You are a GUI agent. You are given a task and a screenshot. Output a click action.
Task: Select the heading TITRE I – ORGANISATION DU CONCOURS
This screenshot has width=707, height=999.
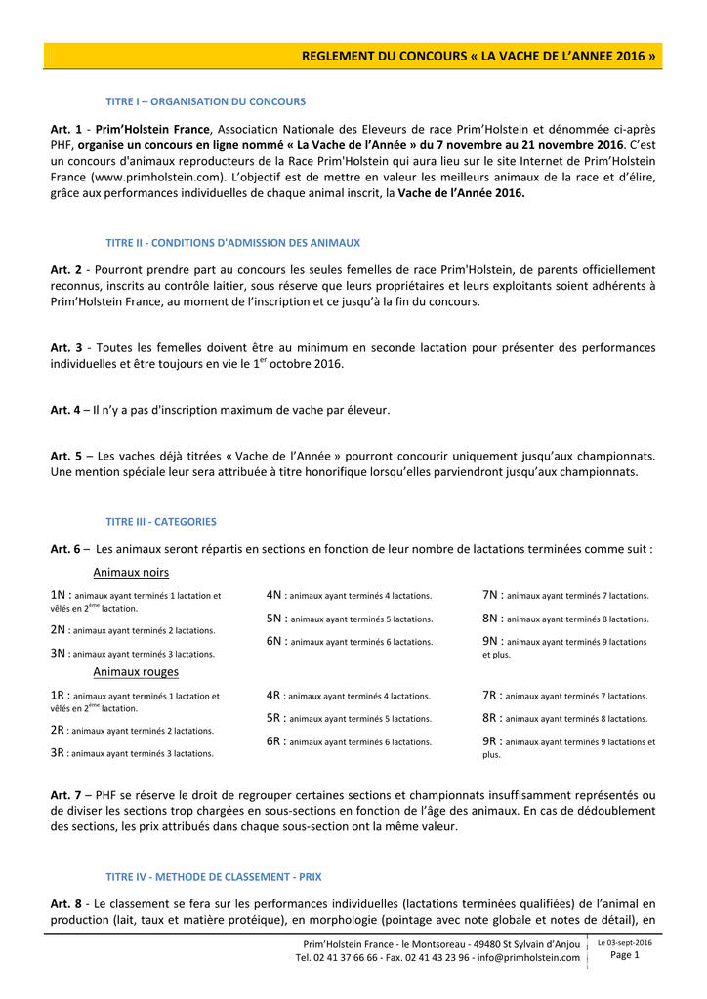point(205,101)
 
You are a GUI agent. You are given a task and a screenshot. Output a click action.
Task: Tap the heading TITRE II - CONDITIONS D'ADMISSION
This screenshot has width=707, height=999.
point(232,242)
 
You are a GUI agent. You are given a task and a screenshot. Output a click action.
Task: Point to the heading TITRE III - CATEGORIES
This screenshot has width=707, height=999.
point(161,522)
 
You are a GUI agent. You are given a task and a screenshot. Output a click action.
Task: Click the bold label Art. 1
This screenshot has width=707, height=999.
point(65,129)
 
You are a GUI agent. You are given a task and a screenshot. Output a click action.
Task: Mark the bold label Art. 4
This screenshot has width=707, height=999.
point(65,410)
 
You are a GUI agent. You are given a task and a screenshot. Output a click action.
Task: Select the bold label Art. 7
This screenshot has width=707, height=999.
point(65,795)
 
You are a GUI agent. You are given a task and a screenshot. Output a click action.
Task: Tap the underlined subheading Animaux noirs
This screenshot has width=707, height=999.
point(131,573)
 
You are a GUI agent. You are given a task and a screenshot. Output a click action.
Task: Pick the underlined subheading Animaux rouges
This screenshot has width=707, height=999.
point(136,672)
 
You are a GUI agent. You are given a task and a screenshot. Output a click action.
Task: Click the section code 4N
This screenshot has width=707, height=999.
point(274,595)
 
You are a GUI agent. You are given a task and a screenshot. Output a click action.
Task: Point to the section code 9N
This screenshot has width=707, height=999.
point(491,642)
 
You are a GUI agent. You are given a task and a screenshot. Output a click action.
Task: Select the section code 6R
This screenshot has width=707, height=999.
point(274,741)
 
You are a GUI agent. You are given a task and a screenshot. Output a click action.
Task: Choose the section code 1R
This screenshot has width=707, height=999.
point(59,696)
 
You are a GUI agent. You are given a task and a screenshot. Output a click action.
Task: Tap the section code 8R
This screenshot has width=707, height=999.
point(491,718)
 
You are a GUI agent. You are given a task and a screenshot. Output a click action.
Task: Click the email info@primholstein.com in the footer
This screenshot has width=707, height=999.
point(528,958)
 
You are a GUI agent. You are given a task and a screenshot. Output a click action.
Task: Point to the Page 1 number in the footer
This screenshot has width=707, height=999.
point(625,955)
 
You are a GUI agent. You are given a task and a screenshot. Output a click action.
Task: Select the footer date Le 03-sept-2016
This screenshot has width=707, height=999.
point(625,942)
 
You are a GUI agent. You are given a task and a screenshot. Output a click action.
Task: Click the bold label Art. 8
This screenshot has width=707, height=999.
point(65,903)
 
